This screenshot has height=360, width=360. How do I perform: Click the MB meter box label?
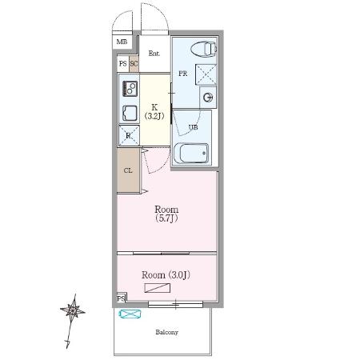(x=122, y=42)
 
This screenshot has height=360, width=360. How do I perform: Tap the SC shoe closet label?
(x=134, y=64)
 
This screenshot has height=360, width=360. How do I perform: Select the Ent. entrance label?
(x=154, y=54)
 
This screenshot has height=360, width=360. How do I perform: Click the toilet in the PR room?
(x=204, y=49)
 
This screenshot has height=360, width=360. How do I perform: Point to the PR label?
(x=183, y=74)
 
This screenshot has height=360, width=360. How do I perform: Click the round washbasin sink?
(x=208, y=98)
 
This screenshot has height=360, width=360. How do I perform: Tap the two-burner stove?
(x=130, y=89)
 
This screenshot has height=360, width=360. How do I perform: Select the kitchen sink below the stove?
(x=130, y=113)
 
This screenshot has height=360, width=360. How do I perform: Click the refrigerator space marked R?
(x=129, y=135)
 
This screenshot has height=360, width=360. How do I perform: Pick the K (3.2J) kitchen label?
(x=154, y=111)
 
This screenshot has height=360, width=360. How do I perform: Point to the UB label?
(x=194, y=127)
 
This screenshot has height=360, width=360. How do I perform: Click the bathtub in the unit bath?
(x=191, y=154)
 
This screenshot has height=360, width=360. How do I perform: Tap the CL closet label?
(x=128, y=170)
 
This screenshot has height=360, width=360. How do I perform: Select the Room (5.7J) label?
(x=166, y=214)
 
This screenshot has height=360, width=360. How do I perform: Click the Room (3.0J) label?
(x=166, y=275)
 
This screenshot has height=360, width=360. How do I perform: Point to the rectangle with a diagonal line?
(x=158, y=288)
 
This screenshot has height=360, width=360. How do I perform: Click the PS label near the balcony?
(x=122, y=298)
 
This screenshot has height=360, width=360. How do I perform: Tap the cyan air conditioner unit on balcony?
(x=130, y=314)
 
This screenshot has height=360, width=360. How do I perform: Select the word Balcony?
(x=167, y=332)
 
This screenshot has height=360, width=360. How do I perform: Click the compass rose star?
(x=73, y=310)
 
